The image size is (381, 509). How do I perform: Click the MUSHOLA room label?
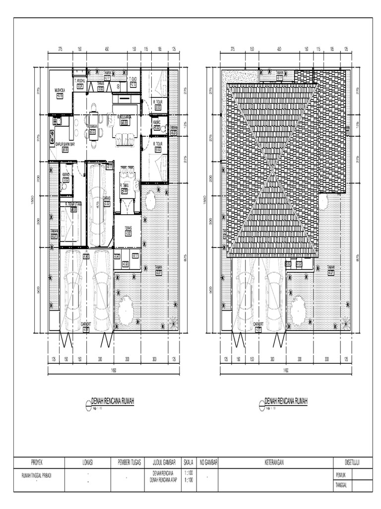(x=61, y=90)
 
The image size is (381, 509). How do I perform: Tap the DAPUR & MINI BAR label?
(x=62, y=144)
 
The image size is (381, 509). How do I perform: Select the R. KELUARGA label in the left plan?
(x=124, y=117)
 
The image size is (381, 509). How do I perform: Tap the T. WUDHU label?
(x=79, y=80)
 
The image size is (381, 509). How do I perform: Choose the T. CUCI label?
(x=132, y=80)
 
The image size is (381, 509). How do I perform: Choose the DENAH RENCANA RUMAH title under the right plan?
(x=286, y=401)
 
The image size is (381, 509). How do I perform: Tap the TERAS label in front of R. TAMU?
(x=127, y=229)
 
